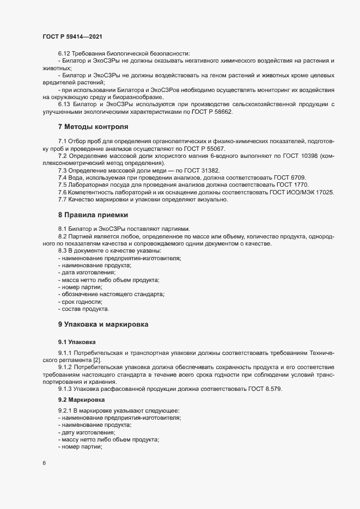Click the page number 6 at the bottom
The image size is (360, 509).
(44, 463)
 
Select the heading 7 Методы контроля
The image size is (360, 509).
(93, 127)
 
